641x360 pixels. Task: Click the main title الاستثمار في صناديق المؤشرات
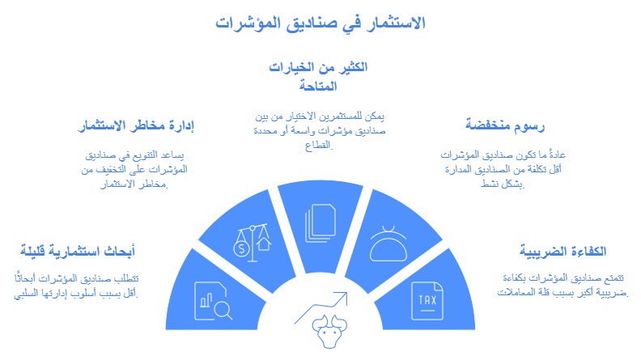(321, 21)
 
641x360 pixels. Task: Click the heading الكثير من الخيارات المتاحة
(317, 75)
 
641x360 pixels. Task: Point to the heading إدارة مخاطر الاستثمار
(138, 125)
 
